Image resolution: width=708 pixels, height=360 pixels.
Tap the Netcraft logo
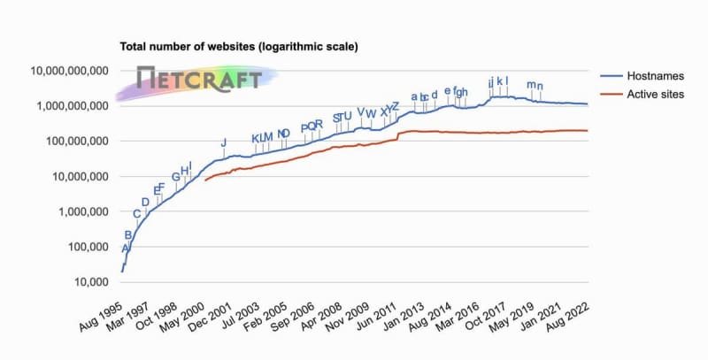(199, 79)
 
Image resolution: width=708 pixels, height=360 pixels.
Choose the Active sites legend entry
(653, 94)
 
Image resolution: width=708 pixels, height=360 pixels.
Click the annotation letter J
(224, 142)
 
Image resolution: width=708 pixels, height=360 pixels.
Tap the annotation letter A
(125, 249)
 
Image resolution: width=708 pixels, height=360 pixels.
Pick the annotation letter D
(145, 203)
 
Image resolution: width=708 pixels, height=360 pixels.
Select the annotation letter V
(360, 112)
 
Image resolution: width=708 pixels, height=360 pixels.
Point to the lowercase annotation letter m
(531, 85)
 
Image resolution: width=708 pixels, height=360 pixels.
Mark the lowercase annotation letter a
(414, 96)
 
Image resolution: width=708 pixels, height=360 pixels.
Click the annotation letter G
(175, 177)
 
